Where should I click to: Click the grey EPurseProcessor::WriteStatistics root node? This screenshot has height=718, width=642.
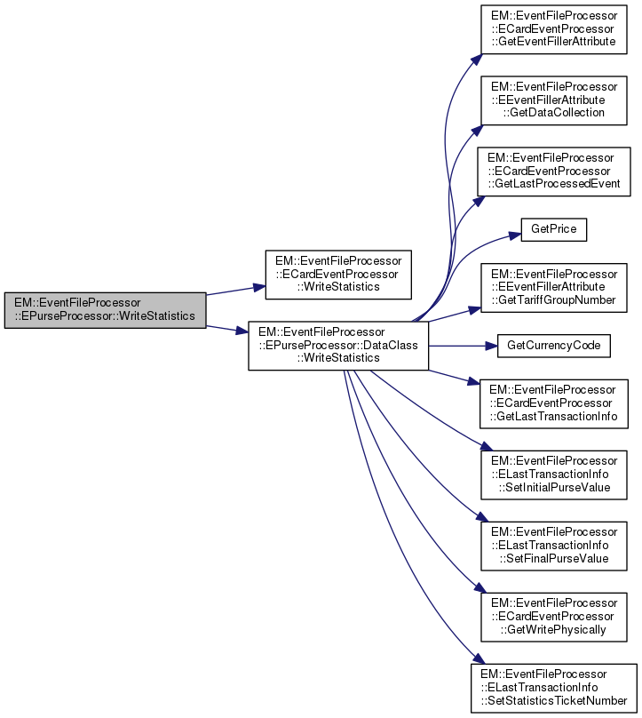coord(104,308)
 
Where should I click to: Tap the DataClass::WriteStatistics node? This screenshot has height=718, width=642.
coord(338,344)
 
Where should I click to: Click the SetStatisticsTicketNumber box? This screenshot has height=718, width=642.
coord(554,687)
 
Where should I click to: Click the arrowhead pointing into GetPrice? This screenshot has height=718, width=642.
coord(514,235)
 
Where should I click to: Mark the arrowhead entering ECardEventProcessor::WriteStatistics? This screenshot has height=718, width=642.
coord(260,286)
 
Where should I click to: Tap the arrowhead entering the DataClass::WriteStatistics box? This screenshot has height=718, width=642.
coord(242,331)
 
